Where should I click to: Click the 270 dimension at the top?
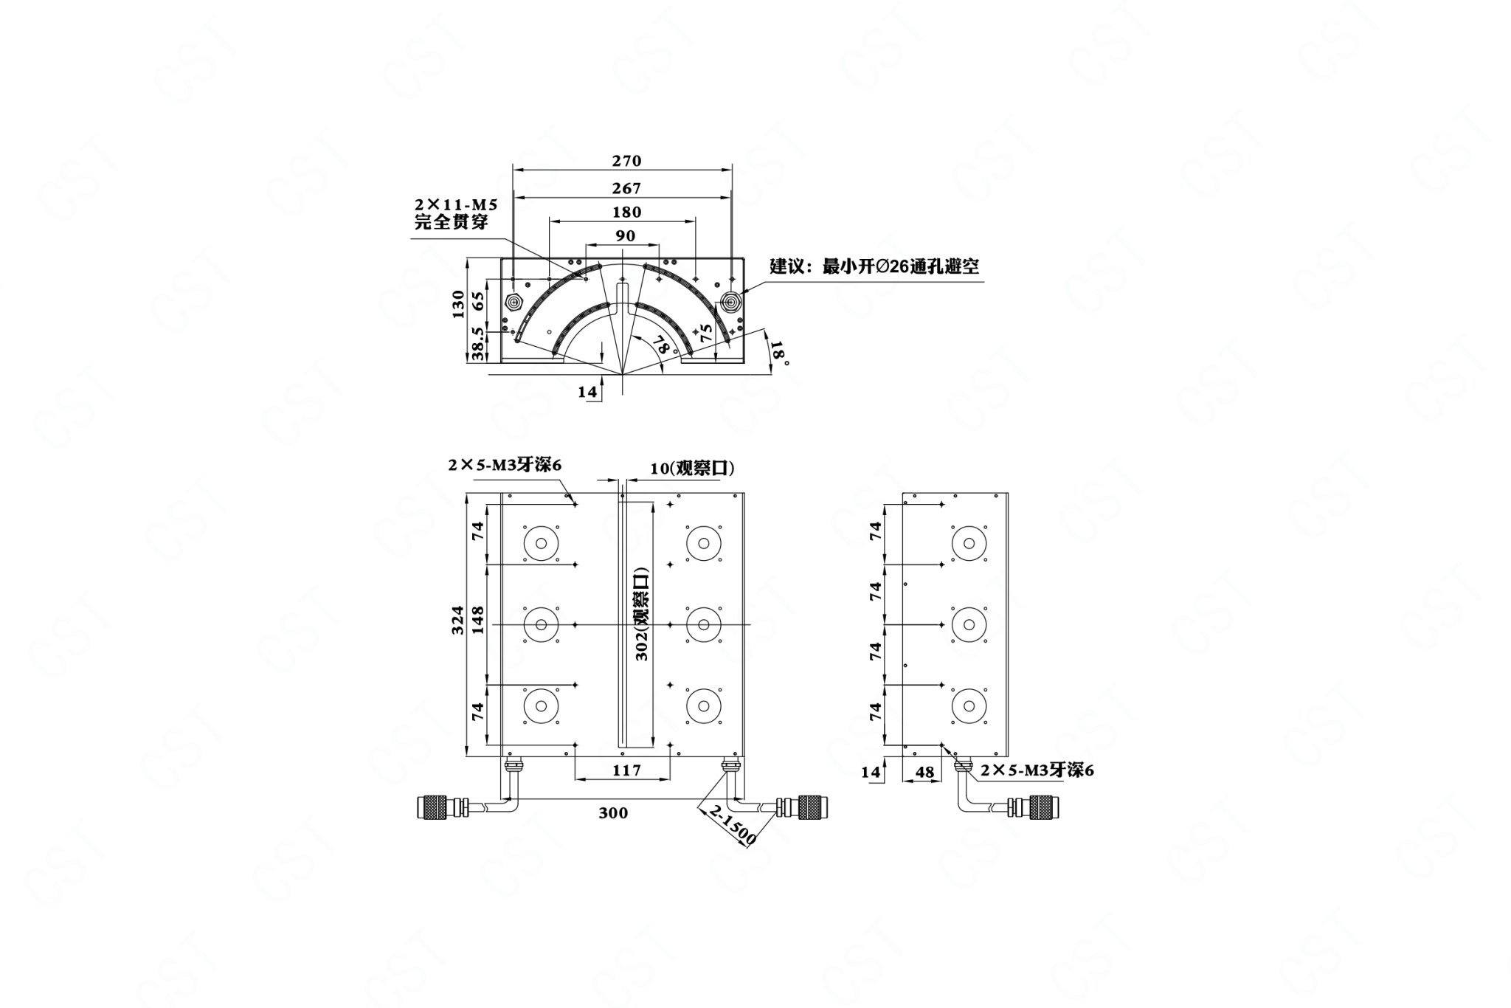coord(626,161)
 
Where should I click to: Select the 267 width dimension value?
coord(626,189)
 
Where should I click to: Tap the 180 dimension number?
coord(626,213)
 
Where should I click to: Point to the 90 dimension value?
coord(625,236)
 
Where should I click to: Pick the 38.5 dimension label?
coord(477,344)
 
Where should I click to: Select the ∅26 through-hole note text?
coord(874,266)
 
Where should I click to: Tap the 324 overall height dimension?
coord(458,621)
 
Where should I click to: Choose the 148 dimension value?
coord(477,621)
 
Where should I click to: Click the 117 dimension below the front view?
coord(626,770)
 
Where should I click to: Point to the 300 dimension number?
coord(613,813)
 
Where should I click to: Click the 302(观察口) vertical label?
coord(642,614)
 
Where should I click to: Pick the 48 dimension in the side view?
coord(924,772)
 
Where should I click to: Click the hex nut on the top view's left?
coord(514,302)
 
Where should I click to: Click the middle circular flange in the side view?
coord(969,624)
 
